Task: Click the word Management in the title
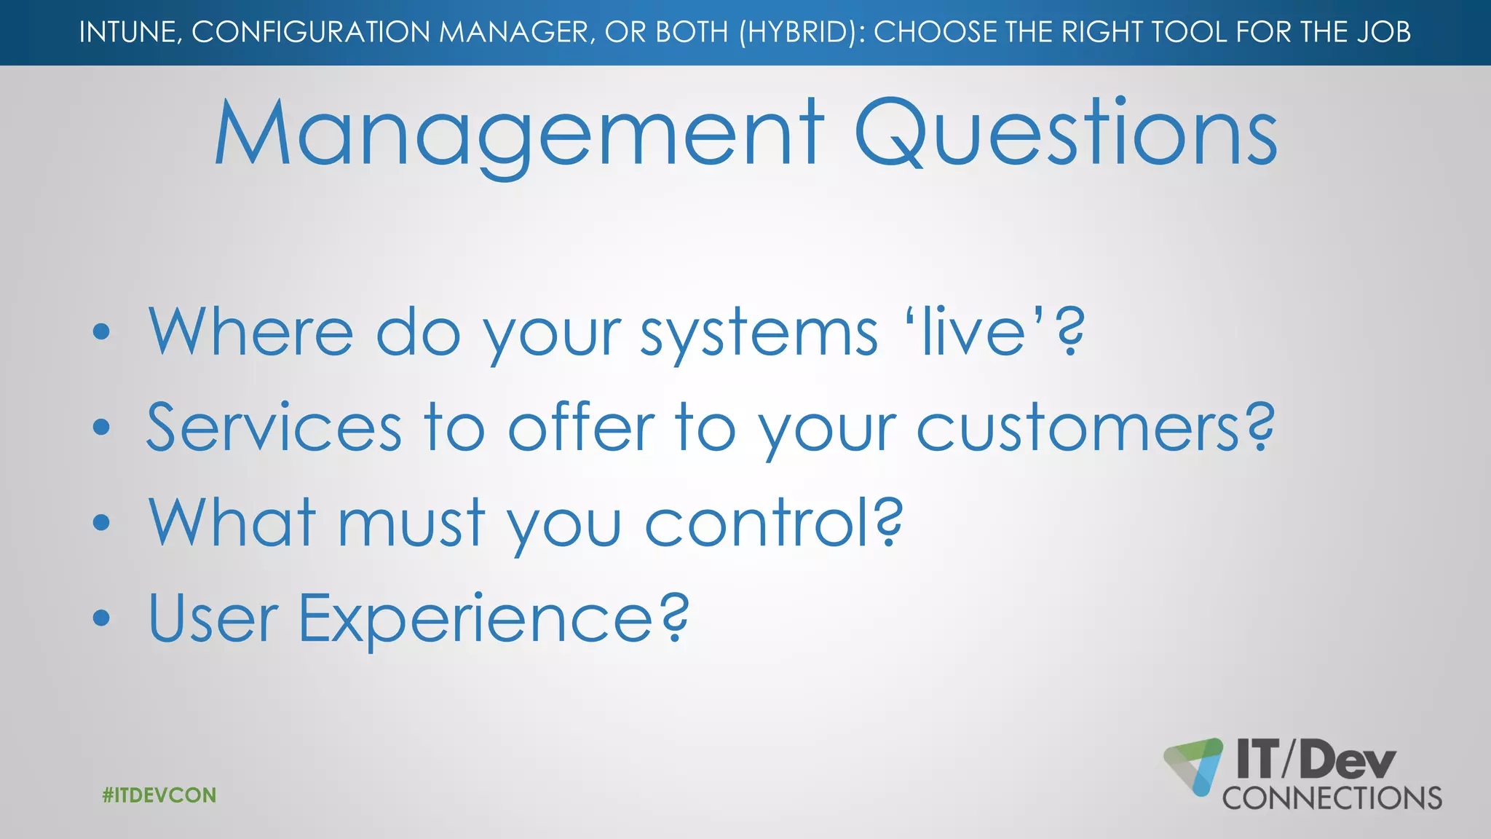click(518, 135)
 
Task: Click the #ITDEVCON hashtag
click(159, 795)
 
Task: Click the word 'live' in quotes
click(975, 331)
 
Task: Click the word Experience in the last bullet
click(476, 619)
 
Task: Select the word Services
click(274, 428)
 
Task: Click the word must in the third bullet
click(411, 522)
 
